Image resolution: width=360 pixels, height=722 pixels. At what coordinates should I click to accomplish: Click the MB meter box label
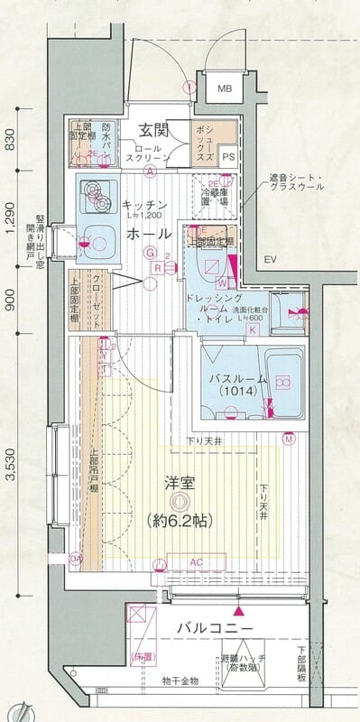224,89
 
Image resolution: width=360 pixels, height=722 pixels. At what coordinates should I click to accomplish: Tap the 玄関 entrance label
156,128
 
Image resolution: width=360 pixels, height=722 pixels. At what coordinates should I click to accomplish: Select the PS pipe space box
228,155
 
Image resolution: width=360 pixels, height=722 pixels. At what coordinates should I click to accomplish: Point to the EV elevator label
269,261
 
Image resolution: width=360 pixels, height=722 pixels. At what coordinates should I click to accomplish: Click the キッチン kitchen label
143,205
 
